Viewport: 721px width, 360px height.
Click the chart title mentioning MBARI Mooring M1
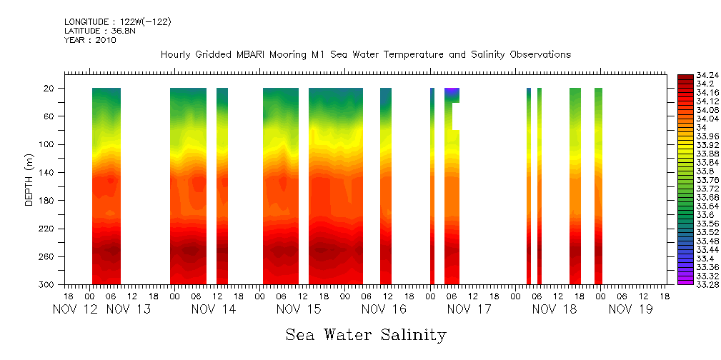point(365,55)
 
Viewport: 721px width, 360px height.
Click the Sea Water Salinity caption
point(365,334)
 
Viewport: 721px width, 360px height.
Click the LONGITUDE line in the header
point(117,22)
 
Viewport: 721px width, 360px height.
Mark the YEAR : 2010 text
point(90,40)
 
